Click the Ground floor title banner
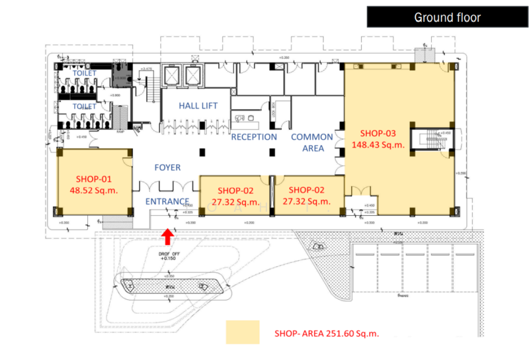click(447, 17)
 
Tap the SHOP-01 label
click(94, 179)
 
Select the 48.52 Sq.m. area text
click(94, 191)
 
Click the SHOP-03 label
click(378, 132)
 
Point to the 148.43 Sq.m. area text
click(378, 144)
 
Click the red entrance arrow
click(168, 235)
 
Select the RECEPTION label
click(254, 137)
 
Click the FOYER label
click(167, 168)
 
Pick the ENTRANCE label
click(167, 201)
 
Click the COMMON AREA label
click(308, 142)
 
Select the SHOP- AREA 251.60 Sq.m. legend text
click(327, 333)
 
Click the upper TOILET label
click(85, 73)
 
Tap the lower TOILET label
click(85, 106)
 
